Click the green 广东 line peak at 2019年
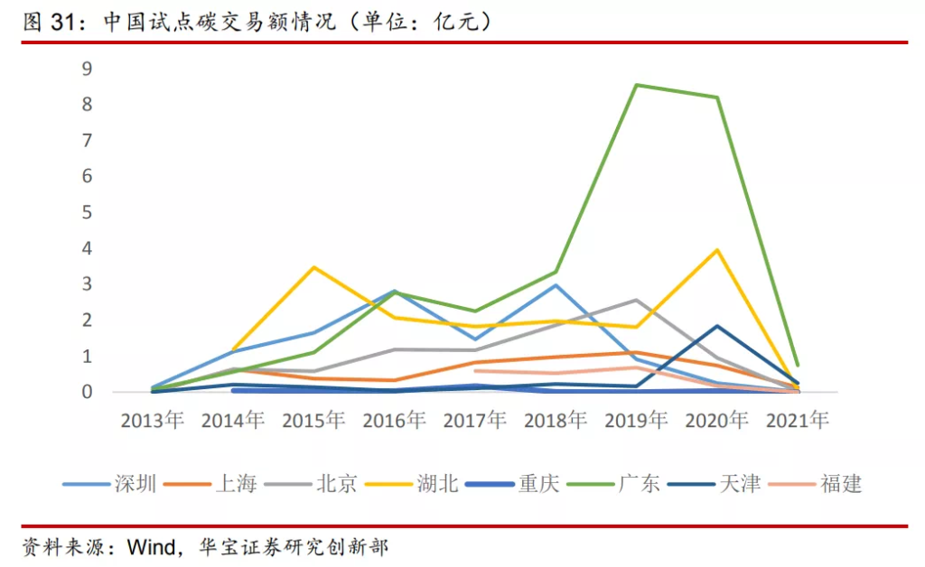point(637,85)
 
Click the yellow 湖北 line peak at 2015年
point(314,267)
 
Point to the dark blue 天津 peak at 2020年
point(717,326)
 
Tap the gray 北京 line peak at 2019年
point(637,300)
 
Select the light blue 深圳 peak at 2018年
point(556,285)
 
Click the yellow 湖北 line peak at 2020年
point(717,249)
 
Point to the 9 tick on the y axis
point(88,69)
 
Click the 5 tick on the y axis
point(88,212)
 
